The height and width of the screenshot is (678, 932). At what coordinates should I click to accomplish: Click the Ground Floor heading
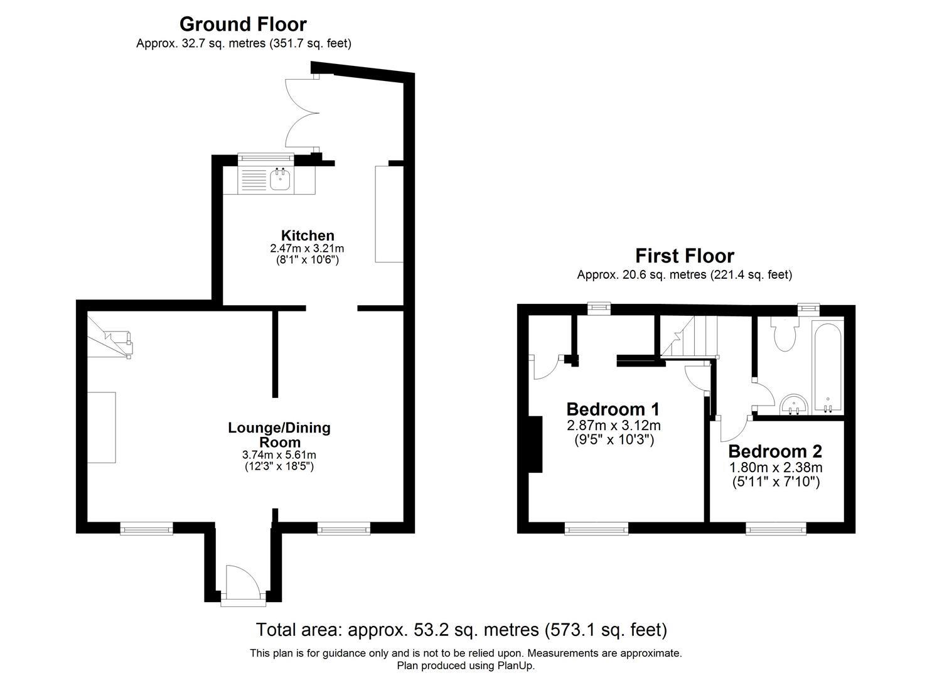243,24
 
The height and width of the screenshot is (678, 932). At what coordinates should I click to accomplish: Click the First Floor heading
684,256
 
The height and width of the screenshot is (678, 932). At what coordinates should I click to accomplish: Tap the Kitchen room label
307,235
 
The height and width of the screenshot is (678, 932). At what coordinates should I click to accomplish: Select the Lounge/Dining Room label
279,434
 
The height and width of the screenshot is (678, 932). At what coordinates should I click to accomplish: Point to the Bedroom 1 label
613,409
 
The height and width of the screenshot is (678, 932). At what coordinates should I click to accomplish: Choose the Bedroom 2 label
774,451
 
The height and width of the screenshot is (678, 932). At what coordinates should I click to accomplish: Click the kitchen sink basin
279,181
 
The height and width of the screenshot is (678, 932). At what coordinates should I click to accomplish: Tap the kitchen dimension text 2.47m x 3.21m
307,248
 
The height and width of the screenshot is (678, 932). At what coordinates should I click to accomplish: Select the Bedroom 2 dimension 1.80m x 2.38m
775,467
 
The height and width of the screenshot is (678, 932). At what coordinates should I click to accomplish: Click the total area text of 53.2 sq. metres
461,629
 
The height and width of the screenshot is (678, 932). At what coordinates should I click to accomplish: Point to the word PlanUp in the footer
517,665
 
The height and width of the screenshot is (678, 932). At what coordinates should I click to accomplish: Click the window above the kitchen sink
265,157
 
